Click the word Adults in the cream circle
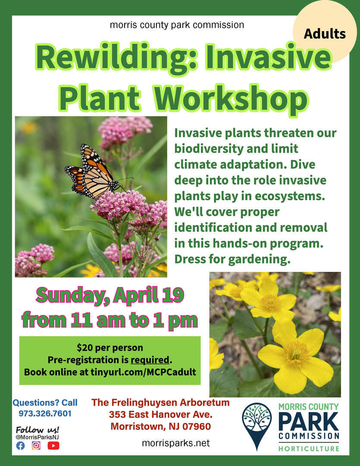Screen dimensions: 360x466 click(325, 34)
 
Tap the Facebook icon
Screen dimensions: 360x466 click(21, 445)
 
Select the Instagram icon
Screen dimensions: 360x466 click(36, 445)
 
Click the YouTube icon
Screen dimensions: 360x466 click(53, 445)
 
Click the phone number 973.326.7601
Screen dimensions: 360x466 click(45, 413)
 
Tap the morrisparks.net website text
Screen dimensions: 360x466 click(176, 443)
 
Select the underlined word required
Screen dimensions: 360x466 click(150, 360)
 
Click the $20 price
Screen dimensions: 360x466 click(83, 347)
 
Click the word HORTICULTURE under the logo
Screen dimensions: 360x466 click(309, 448)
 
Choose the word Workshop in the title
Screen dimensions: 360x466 click(232, 98)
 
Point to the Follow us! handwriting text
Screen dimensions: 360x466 click(38, 430)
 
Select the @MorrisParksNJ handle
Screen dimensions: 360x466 click(37, 437)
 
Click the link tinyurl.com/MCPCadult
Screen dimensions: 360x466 click(143, 372)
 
